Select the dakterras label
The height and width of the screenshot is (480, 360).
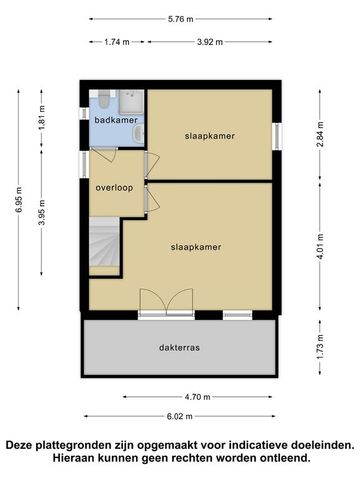179,348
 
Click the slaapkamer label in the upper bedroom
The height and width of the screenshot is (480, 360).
209,136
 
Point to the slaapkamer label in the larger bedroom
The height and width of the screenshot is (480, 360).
195,246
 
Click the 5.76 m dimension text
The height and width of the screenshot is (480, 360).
180,18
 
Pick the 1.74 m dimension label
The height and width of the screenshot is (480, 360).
117,42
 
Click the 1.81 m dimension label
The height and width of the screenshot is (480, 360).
42,128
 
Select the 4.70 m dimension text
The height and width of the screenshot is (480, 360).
180,396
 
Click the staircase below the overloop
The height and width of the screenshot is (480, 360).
105,247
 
